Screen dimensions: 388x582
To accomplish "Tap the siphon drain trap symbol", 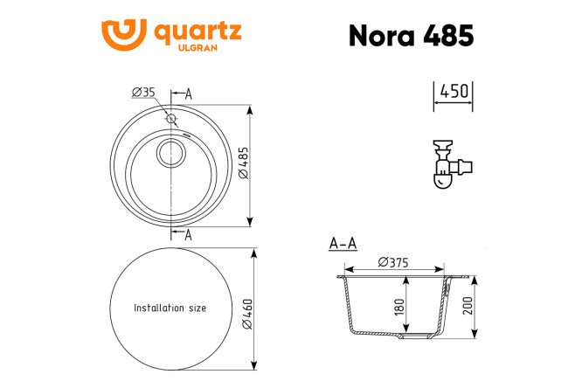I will click(451, 164).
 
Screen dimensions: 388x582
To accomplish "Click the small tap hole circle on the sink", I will click(171, 118).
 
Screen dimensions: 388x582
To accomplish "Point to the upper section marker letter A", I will click(189, 94).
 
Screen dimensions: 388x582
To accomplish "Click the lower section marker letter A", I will click(189, 233).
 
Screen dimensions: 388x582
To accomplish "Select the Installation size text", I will click(170, 308).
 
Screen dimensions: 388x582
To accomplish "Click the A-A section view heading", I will click(342, 244).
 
